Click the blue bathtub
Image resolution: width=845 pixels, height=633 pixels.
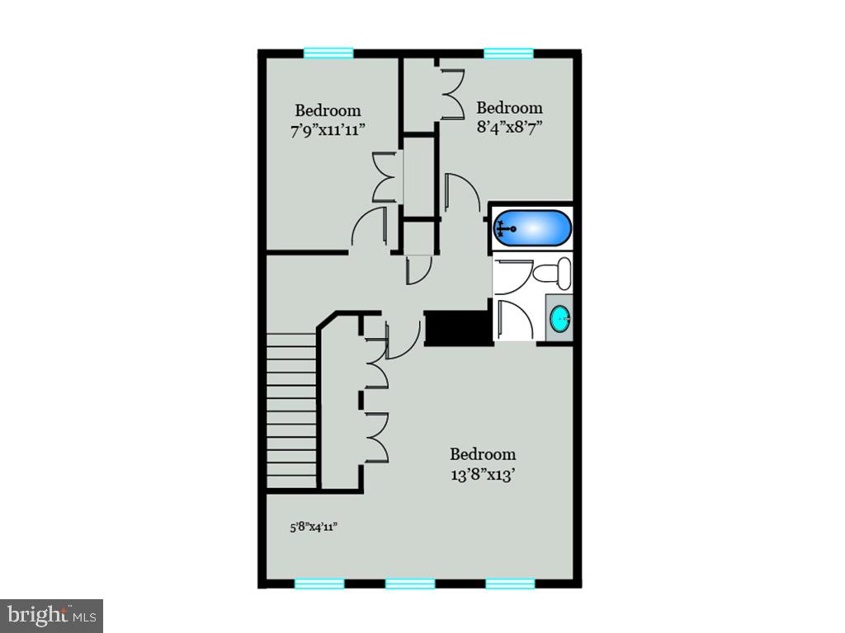coord(532,228)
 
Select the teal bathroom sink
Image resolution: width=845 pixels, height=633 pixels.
coord(561,317)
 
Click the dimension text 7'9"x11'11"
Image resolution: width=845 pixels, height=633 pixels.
coord(328,129)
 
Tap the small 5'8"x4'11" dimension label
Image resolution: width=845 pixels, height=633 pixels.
coord(314,527)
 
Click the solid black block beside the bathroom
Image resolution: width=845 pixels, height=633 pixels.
coord(456,327)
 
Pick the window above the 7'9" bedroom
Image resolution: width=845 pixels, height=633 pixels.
coord(328,54)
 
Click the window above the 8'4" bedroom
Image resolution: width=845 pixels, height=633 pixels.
coord(508,54)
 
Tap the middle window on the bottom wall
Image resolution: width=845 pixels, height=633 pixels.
coord(410,584)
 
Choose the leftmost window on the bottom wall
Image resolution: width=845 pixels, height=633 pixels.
coord(319,584)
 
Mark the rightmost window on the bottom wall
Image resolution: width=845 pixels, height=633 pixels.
coord(510,584)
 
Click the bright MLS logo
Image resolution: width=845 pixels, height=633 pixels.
coord(51,615)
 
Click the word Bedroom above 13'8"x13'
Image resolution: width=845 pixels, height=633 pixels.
coord(483,454)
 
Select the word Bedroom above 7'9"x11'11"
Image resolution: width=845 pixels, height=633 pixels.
coord(328,110)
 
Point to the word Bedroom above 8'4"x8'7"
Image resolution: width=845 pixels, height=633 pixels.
coord(509,108)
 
